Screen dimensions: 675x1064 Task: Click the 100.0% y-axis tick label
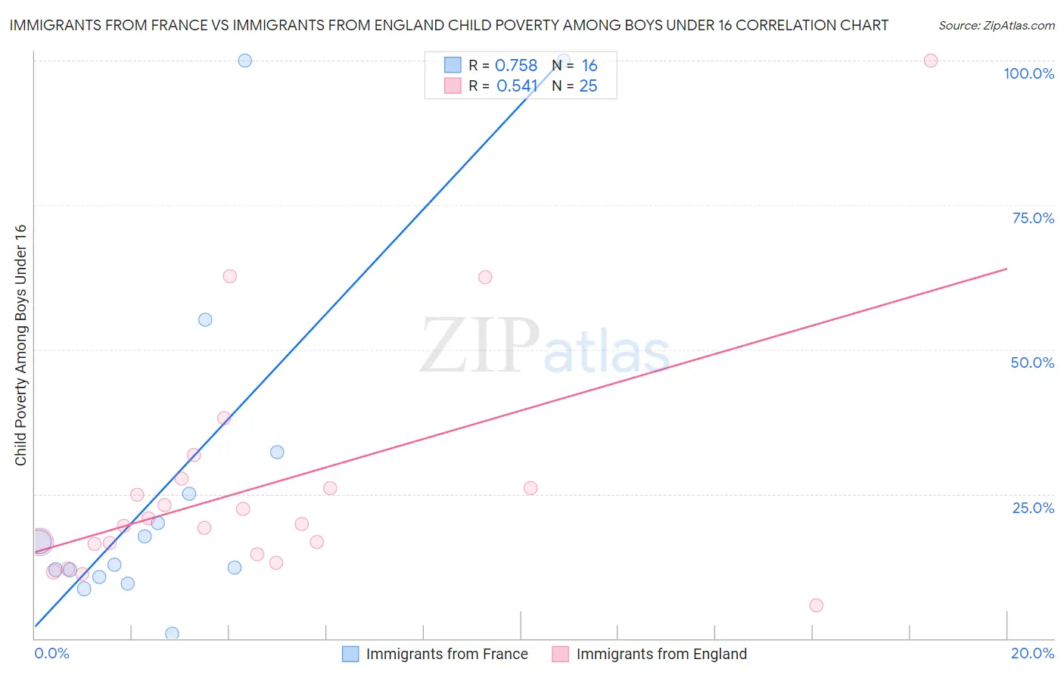coord(1028,73)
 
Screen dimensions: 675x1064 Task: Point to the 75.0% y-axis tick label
coord(1033,218)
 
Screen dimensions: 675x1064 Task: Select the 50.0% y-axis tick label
coord(1032,362)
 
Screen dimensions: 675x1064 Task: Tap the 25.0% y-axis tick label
coord(1033,508)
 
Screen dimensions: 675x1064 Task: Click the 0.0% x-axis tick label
coord(51,653)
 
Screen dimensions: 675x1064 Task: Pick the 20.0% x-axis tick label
coord(1032,653)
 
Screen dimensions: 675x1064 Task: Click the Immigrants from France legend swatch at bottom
coord(350,654)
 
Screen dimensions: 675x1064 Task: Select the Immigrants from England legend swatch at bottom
coord(560,654)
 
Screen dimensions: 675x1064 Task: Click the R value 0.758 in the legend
coord(515,66)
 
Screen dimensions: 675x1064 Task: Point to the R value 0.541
coord(517,86)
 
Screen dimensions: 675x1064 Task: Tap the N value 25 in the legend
coord(588,86)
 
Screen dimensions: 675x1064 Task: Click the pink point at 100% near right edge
coord(931,61)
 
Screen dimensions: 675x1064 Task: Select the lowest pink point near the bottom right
coord(816,605)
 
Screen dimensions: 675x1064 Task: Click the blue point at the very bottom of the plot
coord(172,633)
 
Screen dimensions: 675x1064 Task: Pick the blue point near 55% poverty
coord(205,319)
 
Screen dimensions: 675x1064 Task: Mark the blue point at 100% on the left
coord(244,61)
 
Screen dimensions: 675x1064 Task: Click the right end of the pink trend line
coord(1006,269)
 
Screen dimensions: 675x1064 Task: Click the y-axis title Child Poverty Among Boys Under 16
coord(20,345)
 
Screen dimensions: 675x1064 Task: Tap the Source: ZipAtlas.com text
coord(996,26)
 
